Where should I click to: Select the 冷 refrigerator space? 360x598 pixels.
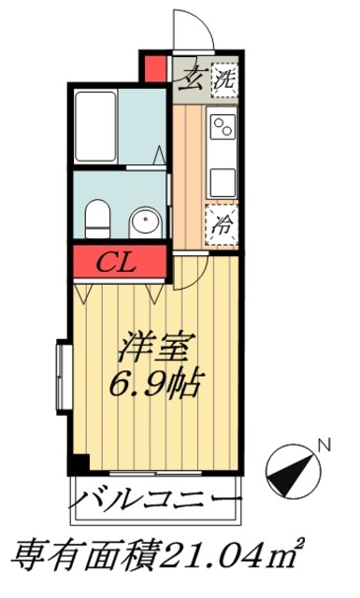click(222, 223)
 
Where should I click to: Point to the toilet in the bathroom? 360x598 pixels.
click(96, 220)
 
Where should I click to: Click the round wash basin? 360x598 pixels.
click(145, 222)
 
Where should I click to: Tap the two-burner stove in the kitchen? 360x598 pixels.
click(223, 127)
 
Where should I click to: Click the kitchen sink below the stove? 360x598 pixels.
click(223, 179)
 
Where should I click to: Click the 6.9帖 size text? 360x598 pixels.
click(154, 383)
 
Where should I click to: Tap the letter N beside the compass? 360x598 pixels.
click(324, 446)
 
